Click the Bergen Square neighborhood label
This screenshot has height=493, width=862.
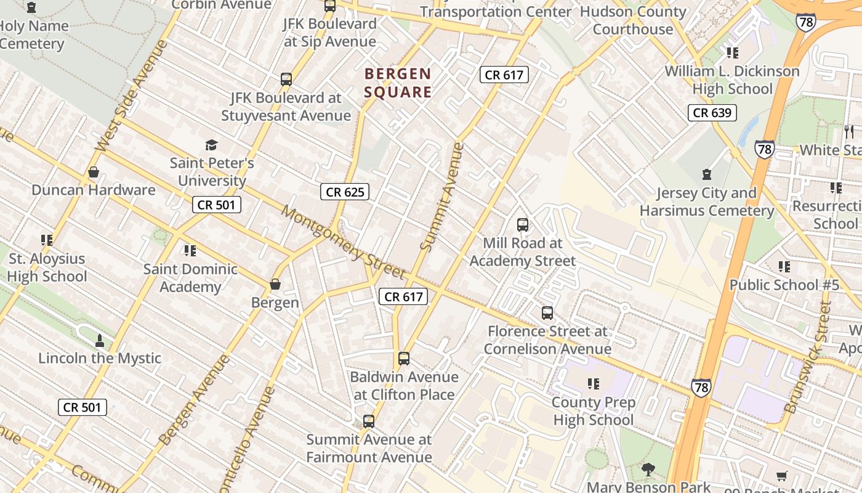pos(398,83)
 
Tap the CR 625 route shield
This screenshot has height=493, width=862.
pos(345,192)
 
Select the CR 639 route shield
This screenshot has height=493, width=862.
pos(712,112)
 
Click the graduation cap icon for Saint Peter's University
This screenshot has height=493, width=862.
pos(211,145)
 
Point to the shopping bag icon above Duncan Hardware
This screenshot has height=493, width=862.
pos(94,172)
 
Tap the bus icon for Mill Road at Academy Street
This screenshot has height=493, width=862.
pos(523,225)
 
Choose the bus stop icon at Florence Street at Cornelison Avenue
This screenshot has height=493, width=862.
pos(547,313)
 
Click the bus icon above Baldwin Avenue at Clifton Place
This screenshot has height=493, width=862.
pos(404,359)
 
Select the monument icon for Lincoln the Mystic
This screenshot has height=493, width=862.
pos(100,340)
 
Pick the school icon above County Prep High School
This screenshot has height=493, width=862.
pos(594,384)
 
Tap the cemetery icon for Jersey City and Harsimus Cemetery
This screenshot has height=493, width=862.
pos(706,175)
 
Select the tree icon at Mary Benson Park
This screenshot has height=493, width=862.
pos(648,470)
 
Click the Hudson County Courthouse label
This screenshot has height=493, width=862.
pos(633,20)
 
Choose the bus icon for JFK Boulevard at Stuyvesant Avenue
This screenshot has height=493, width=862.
pos(286,79)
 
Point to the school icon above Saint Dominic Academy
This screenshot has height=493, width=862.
pos(190,251)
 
